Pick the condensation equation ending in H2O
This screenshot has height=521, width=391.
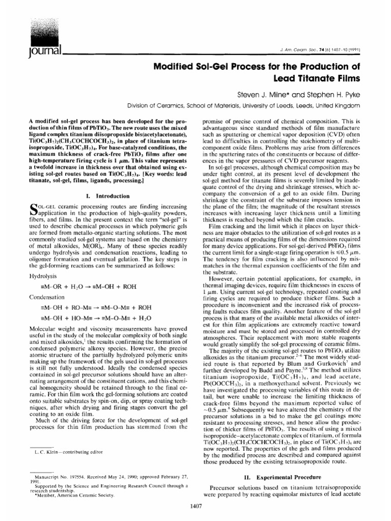click(x=93, y=316)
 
